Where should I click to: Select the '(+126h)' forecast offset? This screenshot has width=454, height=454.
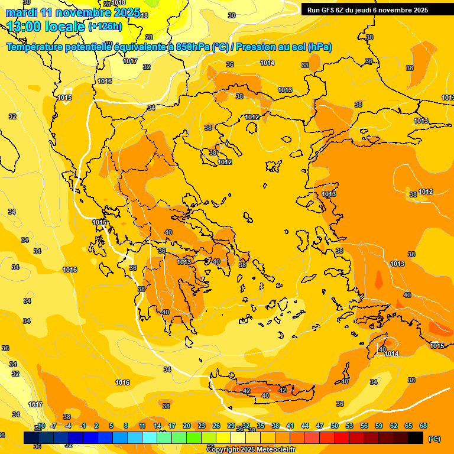point(105,27)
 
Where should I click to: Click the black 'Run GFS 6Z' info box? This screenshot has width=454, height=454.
point(367,9)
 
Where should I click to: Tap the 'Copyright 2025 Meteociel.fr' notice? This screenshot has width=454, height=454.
point(251,449)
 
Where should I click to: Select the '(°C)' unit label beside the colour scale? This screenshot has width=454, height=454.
point(434,439)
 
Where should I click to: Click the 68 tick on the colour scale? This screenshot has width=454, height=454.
point(423,426)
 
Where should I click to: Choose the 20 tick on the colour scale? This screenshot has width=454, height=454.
point(187,426)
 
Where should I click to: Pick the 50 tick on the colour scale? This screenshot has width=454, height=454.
point(335,426)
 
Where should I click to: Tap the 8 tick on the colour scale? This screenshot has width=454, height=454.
point(126,426)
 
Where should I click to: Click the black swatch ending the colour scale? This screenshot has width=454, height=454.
point(416,438)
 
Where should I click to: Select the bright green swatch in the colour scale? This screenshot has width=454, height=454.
point(194,438)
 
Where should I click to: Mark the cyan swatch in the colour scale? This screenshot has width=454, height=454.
point(150,438)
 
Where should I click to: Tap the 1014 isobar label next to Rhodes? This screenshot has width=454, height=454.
point(391,354)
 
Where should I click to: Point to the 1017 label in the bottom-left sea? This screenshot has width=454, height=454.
point(35,404)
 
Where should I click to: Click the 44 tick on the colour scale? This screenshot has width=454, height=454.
point(305,426)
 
